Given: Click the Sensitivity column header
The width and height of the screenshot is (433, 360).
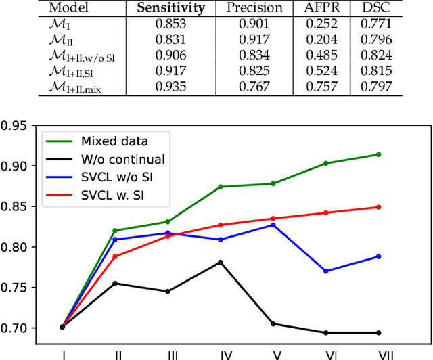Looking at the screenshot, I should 172,9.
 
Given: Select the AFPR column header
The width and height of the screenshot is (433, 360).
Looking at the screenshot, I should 319,9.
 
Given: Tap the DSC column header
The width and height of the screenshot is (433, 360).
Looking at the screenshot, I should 377,9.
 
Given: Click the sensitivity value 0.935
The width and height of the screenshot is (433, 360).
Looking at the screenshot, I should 172,87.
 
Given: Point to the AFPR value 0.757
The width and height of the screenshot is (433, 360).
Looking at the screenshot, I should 319,87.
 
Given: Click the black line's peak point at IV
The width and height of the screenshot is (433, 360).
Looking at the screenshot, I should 221,262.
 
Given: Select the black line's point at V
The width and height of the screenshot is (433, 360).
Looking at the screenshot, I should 273,323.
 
